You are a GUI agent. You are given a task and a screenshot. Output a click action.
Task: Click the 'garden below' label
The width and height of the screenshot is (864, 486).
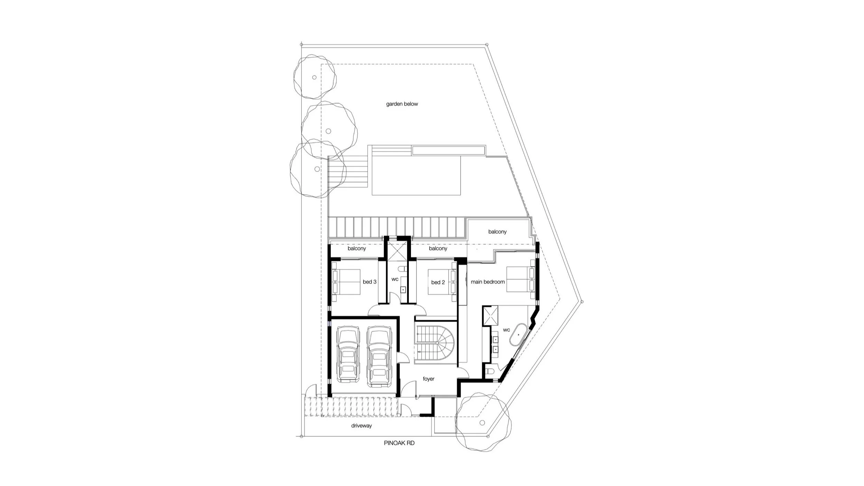[402, 104]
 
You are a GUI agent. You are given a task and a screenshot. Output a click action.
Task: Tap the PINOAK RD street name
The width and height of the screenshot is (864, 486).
[399, 443]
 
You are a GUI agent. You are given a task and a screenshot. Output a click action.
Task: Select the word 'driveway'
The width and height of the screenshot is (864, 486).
[361, 426]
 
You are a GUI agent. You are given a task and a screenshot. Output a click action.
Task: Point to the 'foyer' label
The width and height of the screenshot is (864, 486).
[429, 379]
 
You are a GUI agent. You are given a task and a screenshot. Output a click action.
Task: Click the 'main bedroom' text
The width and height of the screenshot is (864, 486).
[488, 282]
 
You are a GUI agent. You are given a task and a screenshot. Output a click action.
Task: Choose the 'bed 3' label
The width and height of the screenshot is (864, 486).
[369, 282]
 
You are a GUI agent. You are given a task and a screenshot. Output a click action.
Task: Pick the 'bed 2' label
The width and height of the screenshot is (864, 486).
[438, 282]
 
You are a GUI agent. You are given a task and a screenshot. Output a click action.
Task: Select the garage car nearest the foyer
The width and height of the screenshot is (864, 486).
[379, 357]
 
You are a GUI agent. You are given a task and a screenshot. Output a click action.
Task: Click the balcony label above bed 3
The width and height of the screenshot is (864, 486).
[357, 249]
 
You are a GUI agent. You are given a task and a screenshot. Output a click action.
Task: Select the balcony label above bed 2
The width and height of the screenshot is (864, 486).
[438, 249]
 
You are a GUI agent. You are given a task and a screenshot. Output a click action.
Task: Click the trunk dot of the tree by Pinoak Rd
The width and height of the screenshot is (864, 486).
[482, 423]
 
